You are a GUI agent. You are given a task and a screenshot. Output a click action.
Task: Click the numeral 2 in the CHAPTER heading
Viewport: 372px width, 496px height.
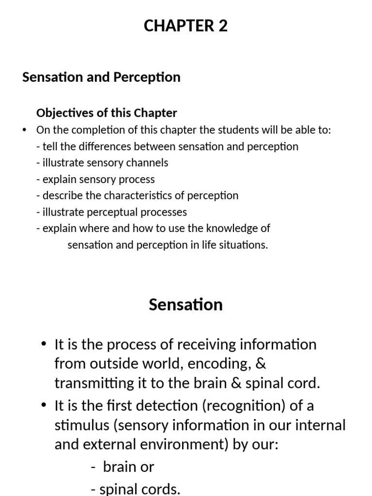click(222, 26)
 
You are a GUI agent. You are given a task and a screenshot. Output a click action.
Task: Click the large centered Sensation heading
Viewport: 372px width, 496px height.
click(186, 305)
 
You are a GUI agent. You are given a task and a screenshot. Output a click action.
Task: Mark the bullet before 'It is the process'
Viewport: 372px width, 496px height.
click(44, 344)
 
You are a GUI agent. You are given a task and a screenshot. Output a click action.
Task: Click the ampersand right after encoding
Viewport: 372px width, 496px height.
click(261, 364)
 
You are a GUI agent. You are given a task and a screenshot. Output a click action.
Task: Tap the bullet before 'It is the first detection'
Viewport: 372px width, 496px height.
click(44, 405)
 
